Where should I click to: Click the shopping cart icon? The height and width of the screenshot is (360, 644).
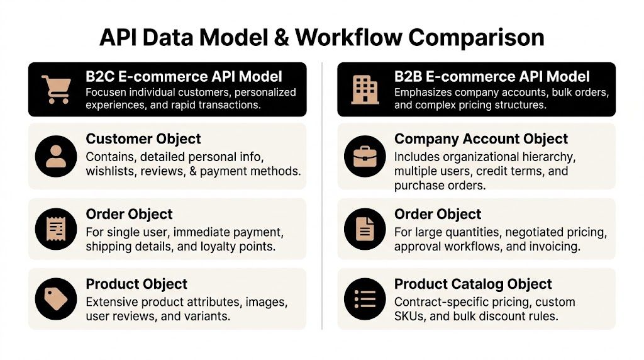pyautogui.click(x=55, y=89)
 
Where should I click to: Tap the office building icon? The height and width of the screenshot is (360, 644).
pyautogui.click(x=365, y=89)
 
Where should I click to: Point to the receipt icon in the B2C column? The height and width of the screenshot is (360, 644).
pyautogui.click(x=56, y=228)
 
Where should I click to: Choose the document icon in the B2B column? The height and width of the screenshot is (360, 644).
pyautogui.click(x=365, y=228)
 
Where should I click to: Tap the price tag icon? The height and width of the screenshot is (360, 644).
pyautogui.click(x=56, y=298)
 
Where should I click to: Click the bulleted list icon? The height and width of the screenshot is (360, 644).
pyautogui.click(x=365, y=298)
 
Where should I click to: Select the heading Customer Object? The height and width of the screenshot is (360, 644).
pyautogui.click(x=143, y=139)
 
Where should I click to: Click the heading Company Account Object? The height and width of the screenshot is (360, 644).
pyautogui.click(x=481, y=139)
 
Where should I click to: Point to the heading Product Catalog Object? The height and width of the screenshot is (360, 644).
pyautogui.click(x=473, y=284)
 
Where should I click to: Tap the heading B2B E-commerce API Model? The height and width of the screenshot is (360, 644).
pyautogui.click(x=492, y=77)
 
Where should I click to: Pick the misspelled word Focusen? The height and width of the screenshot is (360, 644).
pyautogui.click(x=107, y=93)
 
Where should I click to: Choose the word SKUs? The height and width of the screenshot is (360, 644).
pyautogui.click(x=409, y=316)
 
